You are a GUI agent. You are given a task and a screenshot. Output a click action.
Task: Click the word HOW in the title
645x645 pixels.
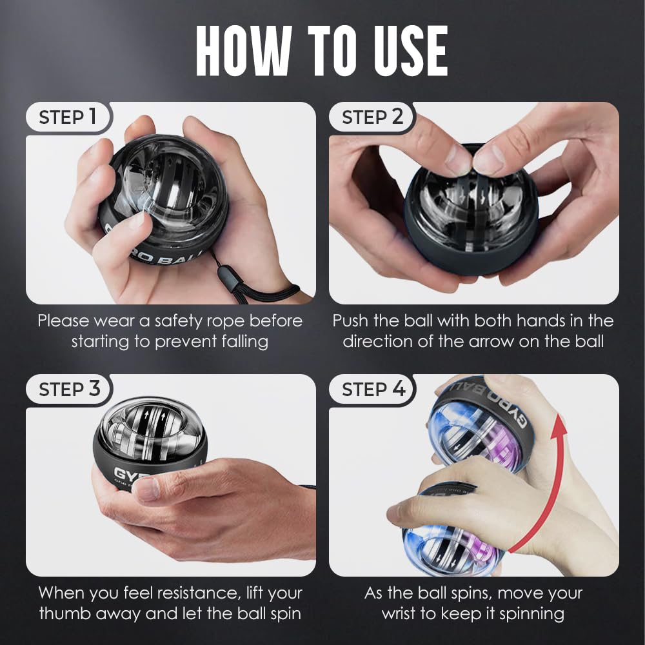244,52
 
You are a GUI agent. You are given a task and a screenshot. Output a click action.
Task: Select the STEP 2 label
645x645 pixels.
372,117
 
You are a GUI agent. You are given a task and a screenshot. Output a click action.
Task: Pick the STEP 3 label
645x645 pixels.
69,390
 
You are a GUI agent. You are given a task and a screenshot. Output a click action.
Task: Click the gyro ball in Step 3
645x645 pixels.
150,445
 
